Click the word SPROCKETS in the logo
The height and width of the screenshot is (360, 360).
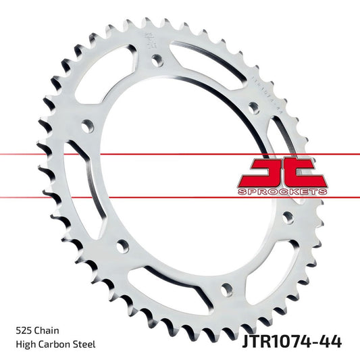click(x=283, y=192)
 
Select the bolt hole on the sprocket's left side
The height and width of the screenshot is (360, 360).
click(x=86, y=126)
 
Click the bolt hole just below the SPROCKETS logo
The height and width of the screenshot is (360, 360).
click(x=288, y=217)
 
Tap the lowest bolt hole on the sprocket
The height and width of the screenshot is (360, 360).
click(x=226, y=289)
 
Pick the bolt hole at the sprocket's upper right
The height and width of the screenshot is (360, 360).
click(x=253, y=107)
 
